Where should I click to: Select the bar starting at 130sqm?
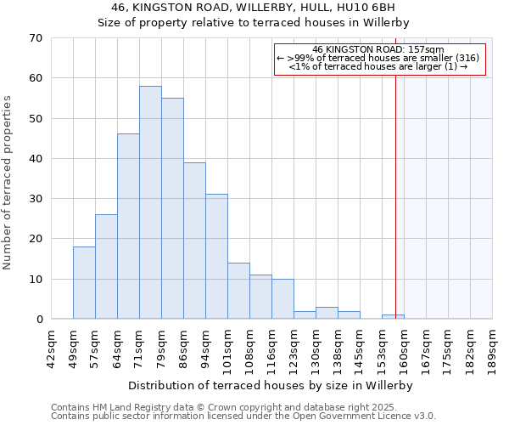pos(327,313)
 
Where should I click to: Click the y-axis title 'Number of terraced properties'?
pos(8,183)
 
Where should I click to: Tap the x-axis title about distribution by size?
pos(271,385)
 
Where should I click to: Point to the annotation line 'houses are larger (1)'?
pos(378,66)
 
